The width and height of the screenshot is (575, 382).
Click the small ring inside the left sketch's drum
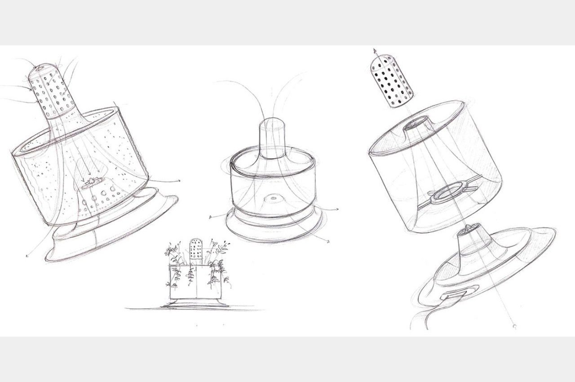[92, 182]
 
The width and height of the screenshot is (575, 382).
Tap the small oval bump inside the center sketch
[272, 198]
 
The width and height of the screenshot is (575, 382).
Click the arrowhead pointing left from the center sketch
[211, 218]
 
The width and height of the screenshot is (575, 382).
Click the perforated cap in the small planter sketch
[195, 249]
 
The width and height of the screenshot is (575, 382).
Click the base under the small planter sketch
[195, 304]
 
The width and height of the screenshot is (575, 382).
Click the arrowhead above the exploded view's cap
[374, 52]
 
